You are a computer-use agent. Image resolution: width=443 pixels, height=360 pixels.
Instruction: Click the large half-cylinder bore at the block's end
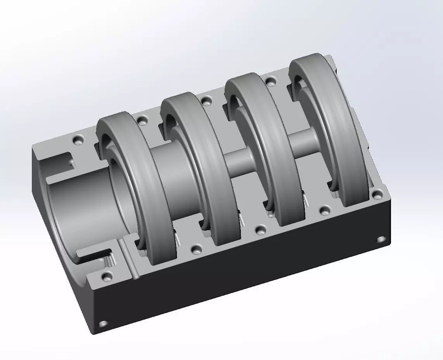point(78,209)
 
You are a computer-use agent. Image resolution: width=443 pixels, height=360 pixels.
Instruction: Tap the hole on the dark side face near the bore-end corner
point(103,323)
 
